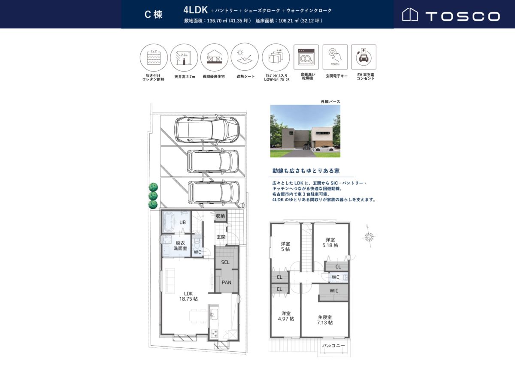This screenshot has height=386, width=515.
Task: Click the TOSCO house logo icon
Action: pos(410,15)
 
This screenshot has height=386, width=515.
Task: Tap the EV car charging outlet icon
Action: pos(364,57)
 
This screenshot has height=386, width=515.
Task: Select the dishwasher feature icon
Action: pos(306,57)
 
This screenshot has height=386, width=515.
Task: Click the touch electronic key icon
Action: pos(335,57)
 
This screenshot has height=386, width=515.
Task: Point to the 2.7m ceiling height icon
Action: pos(184,57)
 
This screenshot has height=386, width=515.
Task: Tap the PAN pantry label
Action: pos(227,282)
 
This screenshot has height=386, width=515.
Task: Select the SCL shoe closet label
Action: pos(225,262)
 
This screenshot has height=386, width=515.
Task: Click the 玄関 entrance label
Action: pos(221,237)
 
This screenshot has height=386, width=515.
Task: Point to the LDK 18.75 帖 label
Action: pos(188,296)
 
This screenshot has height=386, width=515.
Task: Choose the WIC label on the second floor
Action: pos(334,291)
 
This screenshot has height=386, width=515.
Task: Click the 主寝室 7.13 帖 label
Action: pos(325,320)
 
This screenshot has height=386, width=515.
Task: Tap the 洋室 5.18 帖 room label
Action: pos(330,242)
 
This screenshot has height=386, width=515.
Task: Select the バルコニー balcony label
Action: pos(333,346)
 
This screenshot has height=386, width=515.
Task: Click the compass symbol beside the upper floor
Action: pos(369,237)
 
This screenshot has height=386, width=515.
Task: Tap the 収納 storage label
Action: pos(220,216)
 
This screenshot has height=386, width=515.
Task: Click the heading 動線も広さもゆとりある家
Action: pos(306,171)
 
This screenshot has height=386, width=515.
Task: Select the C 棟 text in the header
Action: pos(154,15)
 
